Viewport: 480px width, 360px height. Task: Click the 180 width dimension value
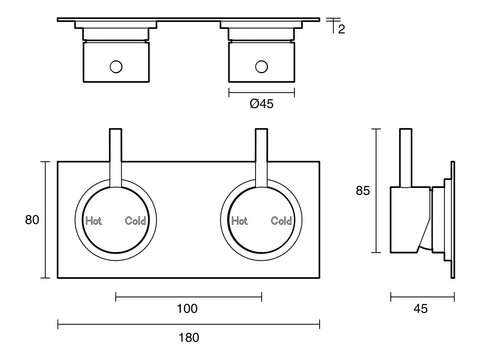click(189, 338)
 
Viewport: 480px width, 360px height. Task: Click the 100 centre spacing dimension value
click(188, 309)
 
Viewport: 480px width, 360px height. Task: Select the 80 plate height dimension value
click(32, 220)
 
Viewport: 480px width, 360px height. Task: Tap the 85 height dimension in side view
click(363, 191)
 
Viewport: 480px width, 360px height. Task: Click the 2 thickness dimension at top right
click(341, 29)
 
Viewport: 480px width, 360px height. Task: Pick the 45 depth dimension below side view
click(420, 309)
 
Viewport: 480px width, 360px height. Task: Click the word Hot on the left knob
click(94, 221)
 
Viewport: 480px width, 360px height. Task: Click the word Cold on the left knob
click(136, 221)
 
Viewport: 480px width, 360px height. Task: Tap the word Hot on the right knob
click(240, 221)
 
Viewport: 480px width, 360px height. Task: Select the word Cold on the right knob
click(282, 221)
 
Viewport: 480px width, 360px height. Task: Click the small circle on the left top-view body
click(116, 66)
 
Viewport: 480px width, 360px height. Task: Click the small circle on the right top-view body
click(262, 66)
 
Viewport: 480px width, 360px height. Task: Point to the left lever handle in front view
click(116, 156)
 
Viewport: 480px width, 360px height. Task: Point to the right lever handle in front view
click(262, 156)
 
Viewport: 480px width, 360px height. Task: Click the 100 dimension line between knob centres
click(160, 296)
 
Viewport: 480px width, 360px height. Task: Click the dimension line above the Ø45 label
click(262, 92)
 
